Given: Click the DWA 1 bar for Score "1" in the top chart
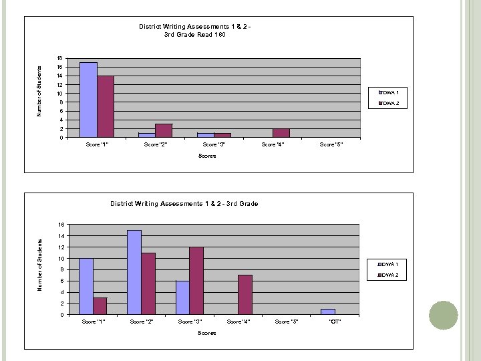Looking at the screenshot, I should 88,100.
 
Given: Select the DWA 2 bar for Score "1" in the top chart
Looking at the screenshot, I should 106,107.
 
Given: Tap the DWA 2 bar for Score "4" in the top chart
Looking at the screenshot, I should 281,133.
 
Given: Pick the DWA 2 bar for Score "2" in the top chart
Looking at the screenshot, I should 164,131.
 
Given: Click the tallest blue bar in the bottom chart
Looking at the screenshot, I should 134,272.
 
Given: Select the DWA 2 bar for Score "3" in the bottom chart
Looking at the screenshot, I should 196,281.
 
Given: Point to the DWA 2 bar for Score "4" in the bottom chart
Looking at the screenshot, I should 245,295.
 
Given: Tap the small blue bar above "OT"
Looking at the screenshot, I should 327,312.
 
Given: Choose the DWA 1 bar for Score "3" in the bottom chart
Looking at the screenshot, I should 182,297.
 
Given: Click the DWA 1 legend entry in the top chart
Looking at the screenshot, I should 389,92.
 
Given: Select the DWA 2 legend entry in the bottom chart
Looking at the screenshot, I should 389,275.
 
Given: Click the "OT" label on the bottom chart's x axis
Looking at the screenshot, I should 335,322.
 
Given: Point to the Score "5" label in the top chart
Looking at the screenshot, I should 331,144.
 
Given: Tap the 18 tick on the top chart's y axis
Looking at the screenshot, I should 60,58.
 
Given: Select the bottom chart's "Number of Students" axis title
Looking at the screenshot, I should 40,264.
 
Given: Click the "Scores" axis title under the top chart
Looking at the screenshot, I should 207,156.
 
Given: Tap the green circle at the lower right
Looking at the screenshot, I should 443,315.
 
